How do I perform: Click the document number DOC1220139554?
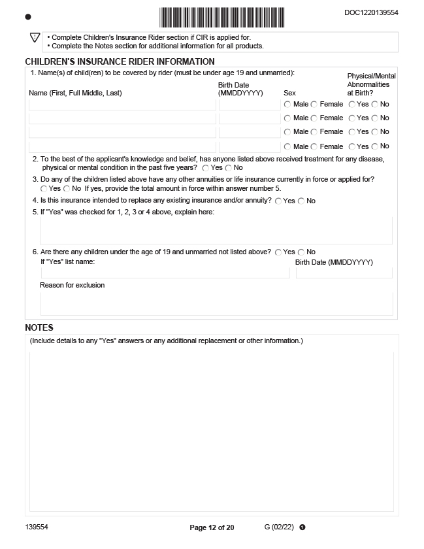click(x=371, y=12)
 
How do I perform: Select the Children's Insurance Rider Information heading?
click(x=110, y=61)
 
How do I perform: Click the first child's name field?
click(x=122, y=105)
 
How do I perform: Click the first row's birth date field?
click(x=250, y=105)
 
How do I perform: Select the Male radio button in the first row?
click(x=287, y=105)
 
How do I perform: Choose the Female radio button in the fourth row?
click(x=314, y=147)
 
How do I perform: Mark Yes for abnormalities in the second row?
click(x=351, y=118)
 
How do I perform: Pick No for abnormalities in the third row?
click(x=375, y=133)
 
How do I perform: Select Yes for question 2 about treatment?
click(x=205, y=168)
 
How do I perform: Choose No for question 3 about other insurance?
click(x=67, y=189)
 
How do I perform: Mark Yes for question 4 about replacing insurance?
click(x=278, y=201)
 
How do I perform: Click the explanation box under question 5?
click(x=216, y=231)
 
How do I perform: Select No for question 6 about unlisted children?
click(x=301, y=252)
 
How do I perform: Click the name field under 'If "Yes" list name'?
click(x=165, y=273)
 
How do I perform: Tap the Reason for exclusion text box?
click(x=216, y=303)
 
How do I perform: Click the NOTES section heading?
click(x=39, y=327)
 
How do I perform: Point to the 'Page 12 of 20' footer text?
click(x=212, y=527)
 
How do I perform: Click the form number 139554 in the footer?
click(x=37, y=527)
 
